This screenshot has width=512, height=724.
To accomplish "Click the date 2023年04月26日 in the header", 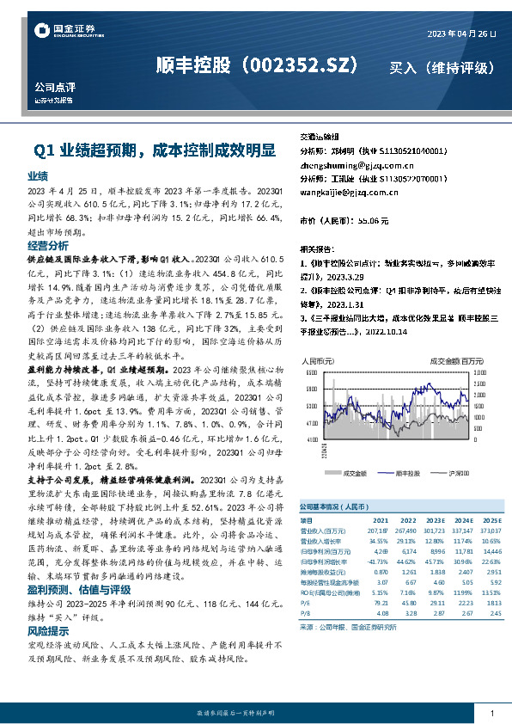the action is click(x=462, y=33).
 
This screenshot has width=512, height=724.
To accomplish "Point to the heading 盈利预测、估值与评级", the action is click(x=78, y=590).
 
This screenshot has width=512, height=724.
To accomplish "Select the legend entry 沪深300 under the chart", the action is click(x=459, y=473).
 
